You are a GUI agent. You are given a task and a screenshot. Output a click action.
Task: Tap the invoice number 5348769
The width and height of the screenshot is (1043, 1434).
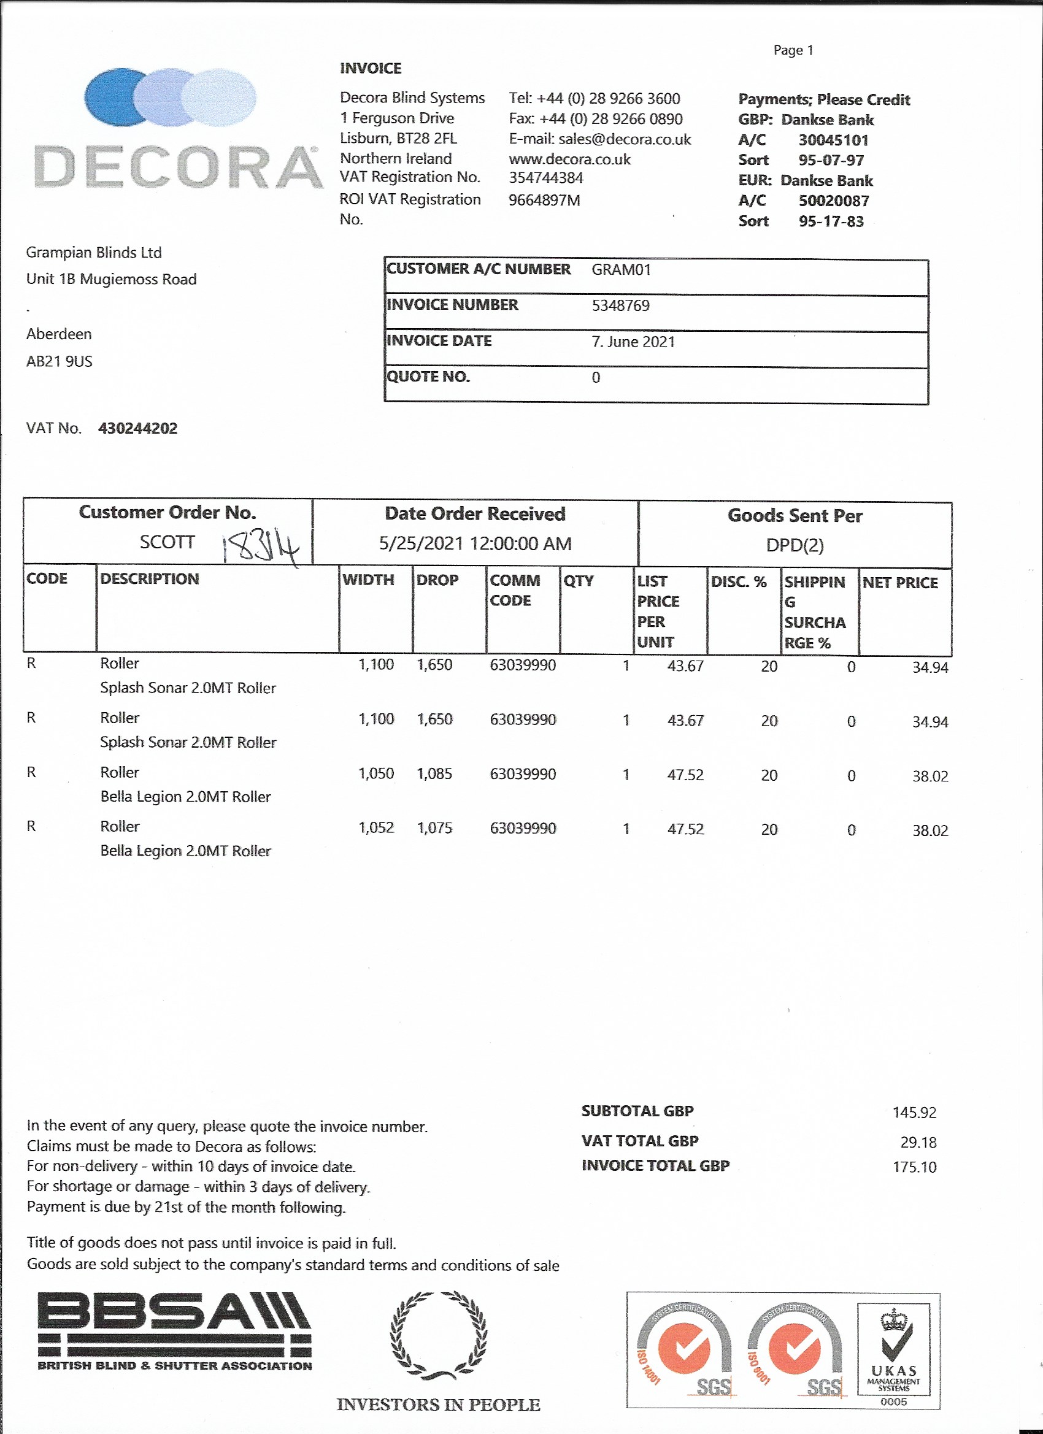[620, 306]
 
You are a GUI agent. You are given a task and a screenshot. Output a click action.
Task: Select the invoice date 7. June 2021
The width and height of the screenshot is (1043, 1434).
[633, 342]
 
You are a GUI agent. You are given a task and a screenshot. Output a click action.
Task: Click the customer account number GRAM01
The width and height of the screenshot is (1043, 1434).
[621, 270]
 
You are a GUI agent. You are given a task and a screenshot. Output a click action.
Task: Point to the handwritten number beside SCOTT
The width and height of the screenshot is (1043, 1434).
[260, 548]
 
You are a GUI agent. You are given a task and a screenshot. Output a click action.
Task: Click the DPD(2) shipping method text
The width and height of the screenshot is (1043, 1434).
[795, 545]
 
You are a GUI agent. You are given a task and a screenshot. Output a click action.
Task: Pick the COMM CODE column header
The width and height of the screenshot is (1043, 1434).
[515, 591]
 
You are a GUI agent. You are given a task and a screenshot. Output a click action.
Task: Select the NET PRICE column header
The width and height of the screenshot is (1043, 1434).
[899, 583]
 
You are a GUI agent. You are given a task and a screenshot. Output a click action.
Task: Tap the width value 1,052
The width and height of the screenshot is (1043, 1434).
[375, 827]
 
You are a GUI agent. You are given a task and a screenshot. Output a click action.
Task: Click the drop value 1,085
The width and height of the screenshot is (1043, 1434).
[434, 773]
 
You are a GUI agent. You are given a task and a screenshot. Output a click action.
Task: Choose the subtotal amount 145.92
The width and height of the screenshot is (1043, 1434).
[914, 1112]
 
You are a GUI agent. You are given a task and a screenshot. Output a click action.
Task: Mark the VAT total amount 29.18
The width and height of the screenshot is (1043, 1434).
[918, 1143]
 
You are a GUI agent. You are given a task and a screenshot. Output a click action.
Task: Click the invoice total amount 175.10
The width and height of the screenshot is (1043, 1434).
[914, 1167]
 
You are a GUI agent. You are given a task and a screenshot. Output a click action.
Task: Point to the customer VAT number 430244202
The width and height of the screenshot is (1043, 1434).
[138, 429]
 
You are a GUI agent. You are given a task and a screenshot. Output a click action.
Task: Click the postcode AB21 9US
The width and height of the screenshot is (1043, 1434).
[59, 362]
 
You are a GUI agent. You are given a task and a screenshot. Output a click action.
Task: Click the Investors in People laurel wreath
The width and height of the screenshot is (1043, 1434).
[438, 1335]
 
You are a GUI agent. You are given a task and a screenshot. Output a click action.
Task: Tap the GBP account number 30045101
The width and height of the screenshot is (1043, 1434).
[833, 140]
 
